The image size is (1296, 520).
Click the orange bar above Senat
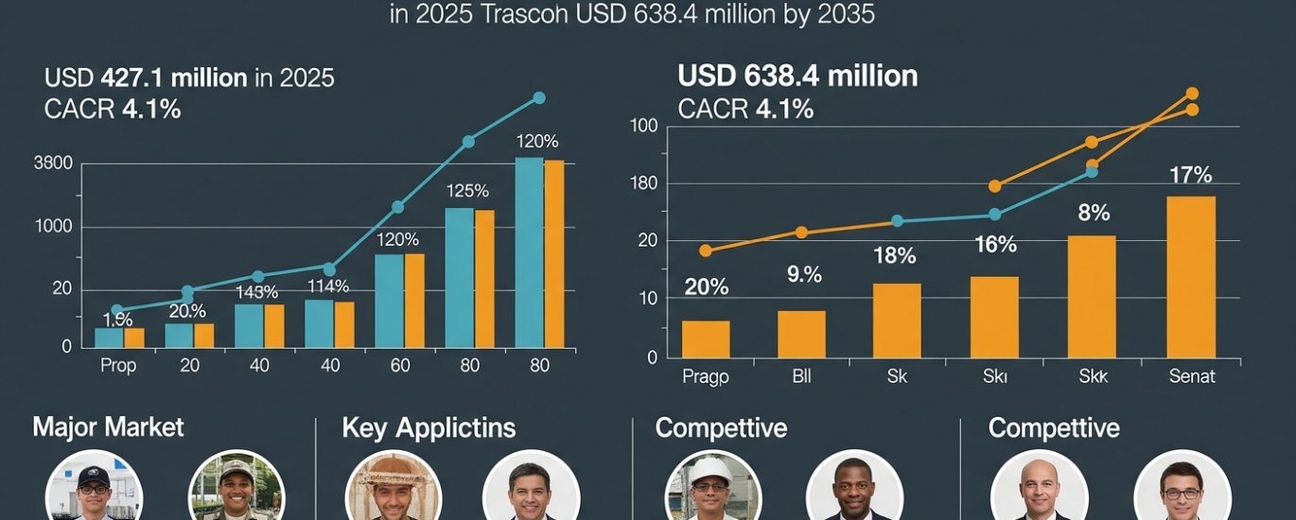click(x=1191, y=276)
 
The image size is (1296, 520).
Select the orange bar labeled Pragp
click(x=706, y=338)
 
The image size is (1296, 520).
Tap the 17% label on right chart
click(x=1190, y=175)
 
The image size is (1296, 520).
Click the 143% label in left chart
click(x=257, y=292)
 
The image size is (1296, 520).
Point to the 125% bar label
click(x=466, y=190)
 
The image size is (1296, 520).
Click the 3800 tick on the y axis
click(x=53, y=163)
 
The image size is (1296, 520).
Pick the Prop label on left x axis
click(x=118, y=366)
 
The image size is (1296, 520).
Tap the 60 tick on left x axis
click(x=399, y=366)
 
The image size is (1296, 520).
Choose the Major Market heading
click(x=108, y=426)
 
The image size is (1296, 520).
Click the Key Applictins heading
click(x=429, y=427)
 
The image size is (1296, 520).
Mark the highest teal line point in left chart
click(x=539, y=97)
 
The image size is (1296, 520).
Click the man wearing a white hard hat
click(x=712, y=488)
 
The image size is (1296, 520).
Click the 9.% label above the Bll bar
click(x=804, y=275)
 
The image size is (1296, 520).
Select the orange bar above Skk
click(x=1092, y=296)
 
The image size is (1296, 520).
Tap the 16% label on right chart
click(x=995, y=245)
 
